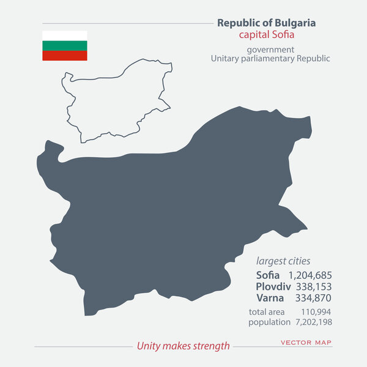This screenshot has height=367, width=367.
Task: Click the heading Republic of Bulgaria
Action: (x=267, y=23)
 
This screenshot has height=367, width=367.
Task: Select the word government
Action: (x=270, y=49)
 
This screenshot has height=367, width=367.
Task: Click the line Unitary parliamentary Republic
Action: (x=270, y=59)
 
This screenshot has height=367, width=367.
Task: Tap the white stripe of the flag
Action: (x=64, y=35)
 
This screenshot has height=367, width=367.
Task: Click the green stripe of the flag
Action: (x=64, y=45)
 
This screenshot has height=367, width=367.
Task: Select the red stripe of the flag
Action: (x=64, y=55)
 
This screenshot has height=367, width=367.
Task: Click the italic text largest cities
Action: (x=283, y=261)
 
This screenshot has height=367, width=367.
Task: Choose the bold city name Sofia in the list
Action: (x=267, y=275)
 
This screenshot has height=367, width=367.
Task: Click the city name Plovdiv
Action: (x=270, y=287)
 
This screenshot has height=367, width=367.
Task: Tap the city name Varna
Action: (x=270, y=298)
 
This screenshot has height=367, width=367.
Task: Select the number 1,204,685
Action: (x=310, y=275)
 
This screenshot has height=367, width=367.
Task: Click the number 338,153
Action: (x=313, y=287)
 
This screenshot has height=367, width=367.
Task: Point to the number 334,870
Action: (x=313, y=298)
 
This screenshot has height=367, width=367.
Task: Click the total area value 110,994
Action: (x=317, y=312)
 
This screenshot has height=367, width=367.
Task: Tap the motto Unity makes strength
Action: (x=183, y=346)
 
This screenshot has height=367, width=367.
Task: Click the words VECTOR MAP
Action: (x=306, y=343)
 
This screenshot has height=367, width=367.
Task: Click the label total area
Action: (x=267, y=312)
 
